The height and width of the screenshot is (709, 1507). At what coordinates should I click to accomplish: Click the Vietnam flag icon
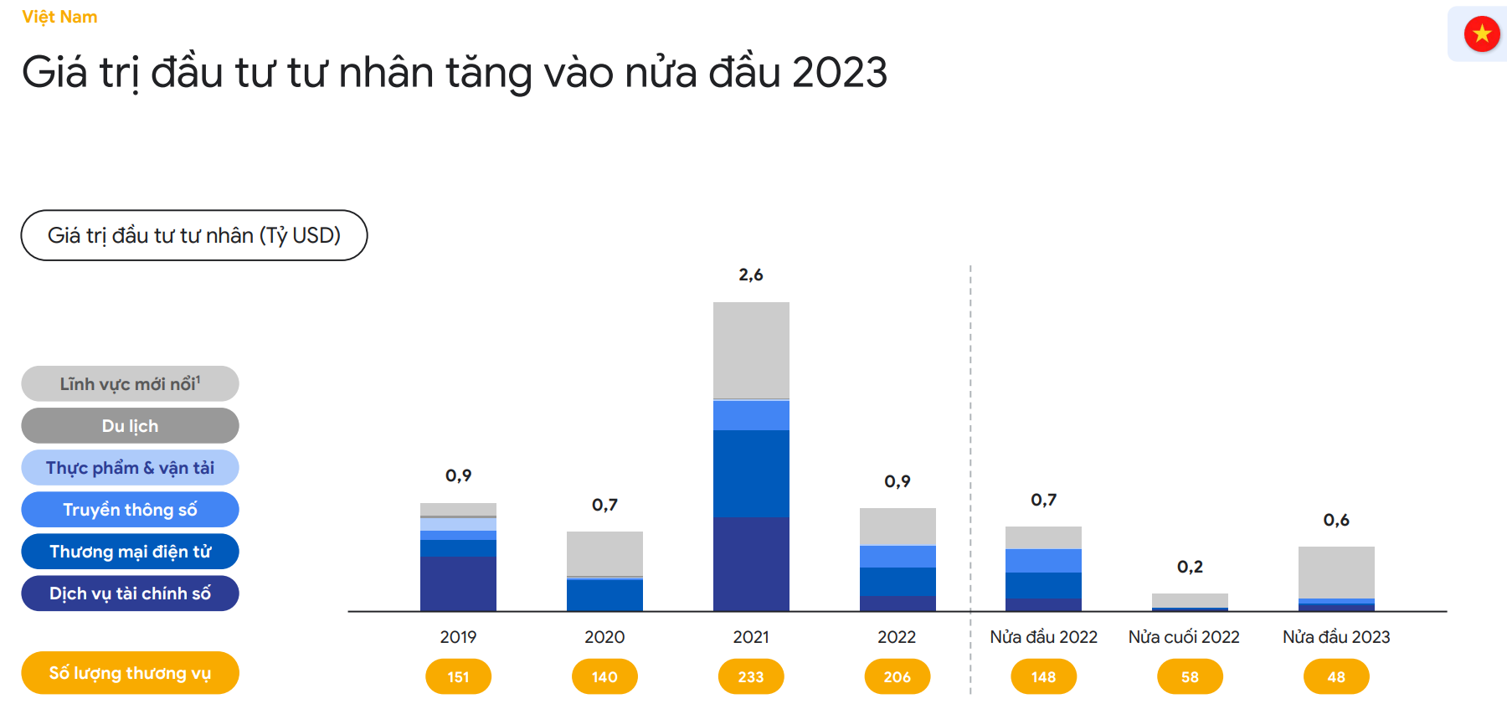(1482, 34)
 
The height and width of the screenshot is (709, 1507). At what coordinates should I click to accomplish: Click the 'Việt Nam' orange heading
(59, 17)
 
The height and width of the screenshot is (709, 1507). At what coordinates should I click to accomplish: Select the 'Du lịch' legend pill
(130, 426)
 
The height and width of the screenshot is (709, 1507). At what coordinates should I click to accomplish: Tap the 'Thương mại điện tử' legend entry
(130, 552)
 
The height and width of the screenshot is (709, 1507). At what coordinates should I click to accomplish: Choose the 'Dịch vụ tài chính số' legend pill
(130, 593)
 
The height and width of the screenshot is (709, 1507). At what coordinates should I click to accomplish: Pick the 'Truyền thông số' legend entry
(130, 510)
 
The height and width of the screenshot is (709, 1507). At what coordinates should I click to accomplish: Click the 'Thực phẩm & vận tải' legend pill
(130, 468)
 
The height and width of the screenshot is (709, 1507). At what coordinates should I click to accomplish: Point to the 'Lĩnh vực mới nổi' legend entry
(130, 384)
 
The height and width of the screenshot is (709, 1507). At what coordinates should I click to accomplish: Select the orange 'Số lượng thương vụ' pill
(130, 673)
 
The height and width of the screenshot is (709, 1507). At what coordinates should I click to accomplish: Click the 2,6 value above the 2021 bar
(751, 275)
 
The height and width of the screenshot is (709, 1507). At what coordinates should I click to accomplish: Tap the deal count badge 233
(751, 676)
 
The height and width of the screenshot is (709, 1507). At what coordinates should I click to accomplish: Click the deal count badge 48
(1336, 676)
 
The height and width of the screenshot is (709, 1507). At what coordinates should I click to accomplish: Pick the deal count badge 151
(458, 676)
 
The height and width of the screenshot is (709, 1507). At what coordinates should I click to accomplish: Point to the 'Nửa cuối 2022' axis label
(1184, 637)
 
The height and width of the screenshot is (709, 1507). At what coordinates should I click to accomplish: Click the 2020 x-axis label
(604, 637)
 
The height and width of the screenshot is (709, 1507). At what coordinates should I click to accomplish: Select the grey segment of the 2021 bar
(751, 350)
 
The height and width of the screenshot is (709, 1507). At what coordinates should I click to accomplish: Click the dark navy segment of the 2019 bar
(458, 584)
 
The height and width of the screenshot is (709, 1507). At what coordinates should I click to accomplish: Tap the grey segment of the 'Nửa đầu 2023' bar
(1336, 573)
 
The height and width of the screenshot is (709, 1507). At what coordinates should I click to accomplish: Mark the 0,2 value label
(1190, 567)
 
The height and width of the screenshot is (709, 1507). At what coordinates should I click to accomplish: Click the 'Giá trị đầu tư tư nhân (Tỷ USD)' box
(194, 235)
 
